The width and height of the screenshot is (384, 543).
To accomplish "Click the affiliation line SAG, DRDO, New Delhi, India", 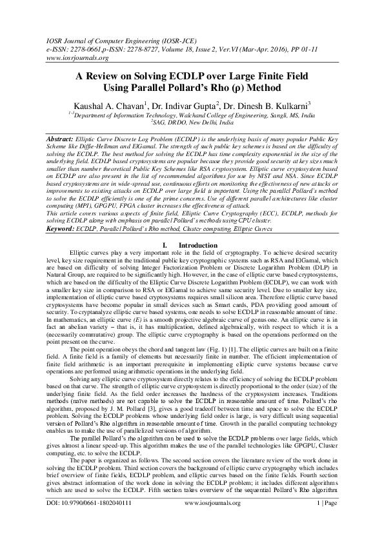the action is point(192,121).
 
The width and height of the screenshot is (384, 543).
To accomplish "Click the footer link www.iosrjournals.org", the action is point(212,521).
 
